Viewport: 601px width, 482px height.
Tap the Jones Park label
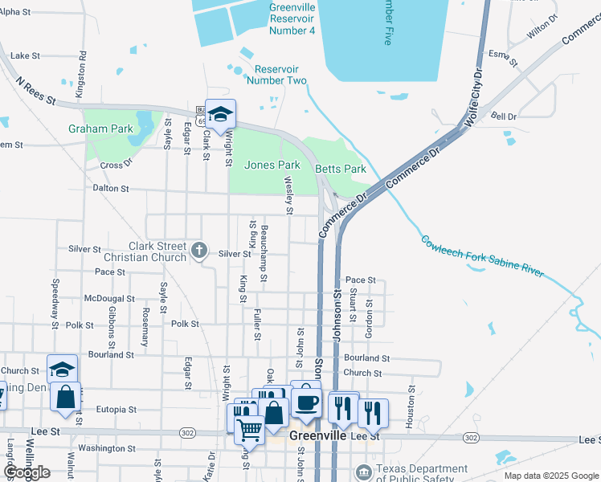272,165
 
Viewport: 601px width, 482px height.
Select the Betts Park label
341,169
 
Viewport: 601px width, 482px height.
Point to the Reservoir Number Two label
276,75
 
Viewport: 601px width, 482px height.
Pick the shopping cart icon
249,430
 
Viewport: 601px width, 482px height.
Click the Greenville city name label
317,435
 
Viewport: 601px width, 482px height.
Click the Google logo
26,472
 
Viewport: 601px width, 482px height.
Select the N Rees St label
35,91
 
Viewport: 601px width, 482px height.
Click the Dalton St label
111,188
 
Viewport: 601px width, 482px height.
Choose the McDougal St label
109,298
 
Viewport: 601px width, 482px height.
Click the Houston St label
411,406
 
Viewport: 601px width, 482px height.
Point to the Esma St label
499,55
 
